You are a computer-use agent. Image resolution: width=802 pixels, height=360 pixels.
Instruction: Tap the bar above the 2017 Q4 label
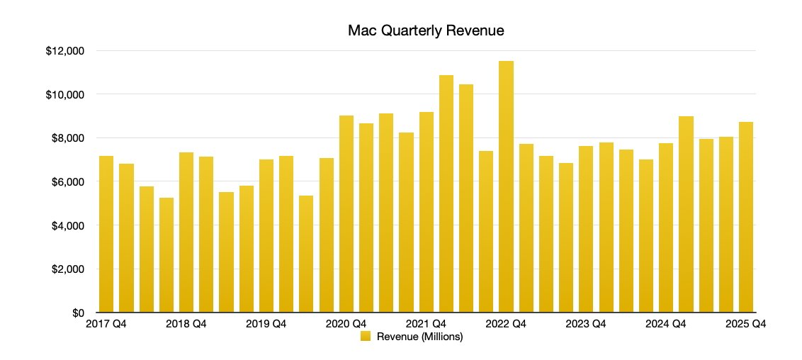coord(106,235)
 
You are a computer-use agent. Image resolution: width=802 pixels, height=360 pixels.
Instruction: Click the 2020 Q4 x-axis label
coord(346,324)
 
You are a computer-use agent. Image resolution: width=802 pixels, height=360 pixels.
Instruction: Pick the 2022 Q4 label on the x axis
coord(506,324)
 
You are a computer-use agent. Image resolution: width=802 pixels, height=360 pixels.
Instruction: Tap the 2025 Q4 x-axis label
coord(746,324)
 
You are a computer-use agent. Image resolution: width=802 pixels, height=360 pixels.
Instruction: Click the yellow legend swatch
coord(366,337)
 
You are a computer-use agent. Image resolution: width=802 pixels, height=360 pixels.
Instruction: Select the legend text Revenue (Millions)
coord(419,337)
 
